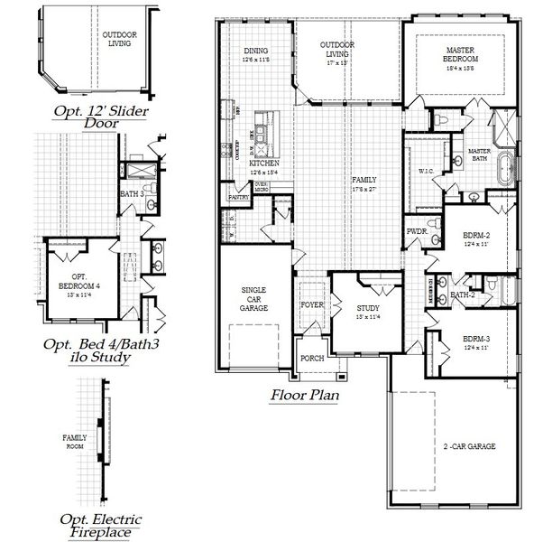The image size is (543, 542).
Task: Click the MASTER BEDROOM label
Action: pyautogui.click(x=460, y=53)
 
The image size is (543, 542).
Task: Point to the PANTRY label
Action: pyautogui.click(x=238, y=196)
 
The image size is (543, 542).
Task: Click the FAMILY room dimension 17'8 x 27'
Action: pyautogui.click(x=364, y=190)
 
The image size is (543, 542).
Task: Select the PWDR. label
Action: pyautogui.click(x=417, y=231)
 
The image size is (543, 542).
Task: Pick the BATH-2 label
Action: pyautogui.click(x=462, y=294)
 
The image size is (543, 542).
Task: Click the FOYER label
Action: pyautogui.click(x=311, y=304)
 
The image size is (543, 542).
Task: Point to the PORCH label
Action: pyautogui.click(x=312, y=358)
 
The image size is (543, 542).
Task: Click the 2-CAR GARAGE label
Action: pyautogui.click(x=470, y=446)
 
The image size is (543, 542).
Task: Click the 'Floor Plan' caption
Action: pyautogui.click(x=304, y=395)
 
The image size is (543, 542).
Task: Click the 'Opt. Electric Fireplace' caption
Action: pyautogui.click(x=95, y=526)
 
